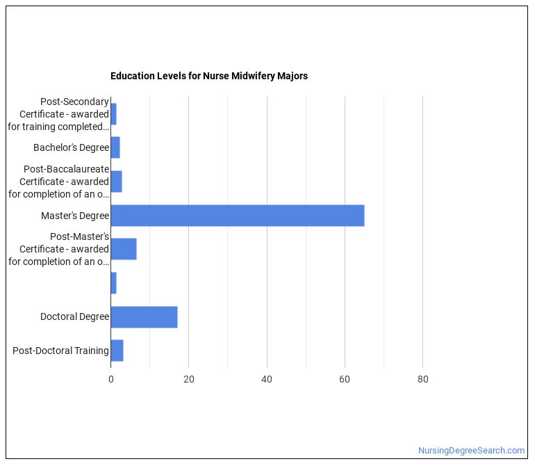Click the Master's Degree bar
click(x=237, y=216)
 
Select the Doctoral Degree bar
click(x=144, y=317)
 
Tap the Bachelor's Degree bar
click(x=115, y=147)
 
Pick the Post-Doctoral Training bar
click(x=117, y=351)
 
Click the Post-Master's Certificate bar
click(x=124, y=249)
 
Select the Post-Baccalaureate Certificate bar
click(x=116, y=182)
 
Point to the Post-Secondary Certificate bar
click(x=113, y=114)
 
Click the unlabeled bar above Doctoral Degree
click(x=113, y=283)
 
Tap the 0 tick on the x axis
click(x=110, y=379)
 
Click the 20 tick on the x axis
click(x=188, y=379)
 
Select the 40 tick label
click(x=267, y=379)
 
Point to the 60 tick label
click(x=345, y=379)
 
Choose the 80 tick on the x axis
click(x=422, y=379)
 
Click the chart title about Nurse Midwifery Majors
click(x=208, y=76)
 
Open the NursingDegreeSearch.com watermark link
click(x=471, y=451)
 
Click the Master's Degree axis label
click(x=75, y=216)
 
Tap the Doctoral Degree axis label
click(x=74, y=317)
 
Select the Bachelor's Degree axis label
click(x=71, y=147)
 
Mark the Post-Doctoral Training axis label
click(x=60, y=351)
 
